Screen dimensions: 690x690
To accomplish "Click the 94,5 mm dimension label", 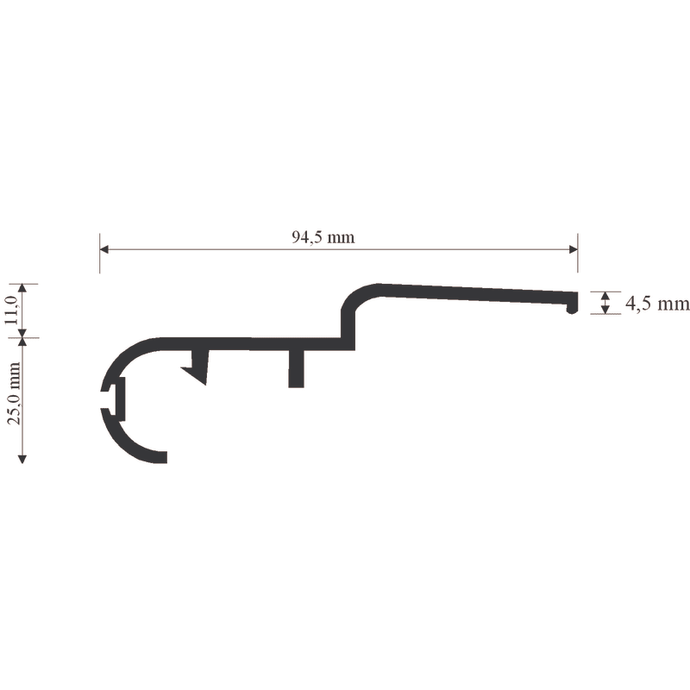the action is [323, 238].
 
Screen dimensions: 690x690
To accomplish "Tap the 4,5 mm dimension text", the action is [657, 304].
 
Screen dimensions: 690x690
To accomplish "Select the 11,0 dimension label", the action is [11, 310].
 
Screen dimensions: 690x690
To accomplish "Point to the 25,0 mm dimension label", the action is [14, 393].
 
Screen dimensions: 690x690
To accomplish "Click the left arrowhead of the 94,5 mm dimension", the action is [103, 249].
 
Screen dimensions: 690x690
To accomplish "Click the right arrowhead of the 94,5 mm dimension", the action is [573, 249].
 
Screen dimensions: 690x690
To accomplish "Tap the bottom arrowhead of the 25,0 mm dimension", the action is [22, 460].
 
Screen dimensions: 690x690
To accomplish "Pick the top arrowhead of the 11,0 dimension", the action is [22, 288].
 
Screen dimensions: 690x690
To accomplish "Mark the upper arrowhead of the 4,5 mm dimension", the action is [605, 295].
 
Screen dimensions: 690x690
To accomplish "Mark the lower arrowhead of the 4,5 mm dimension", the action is [605, 310].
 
